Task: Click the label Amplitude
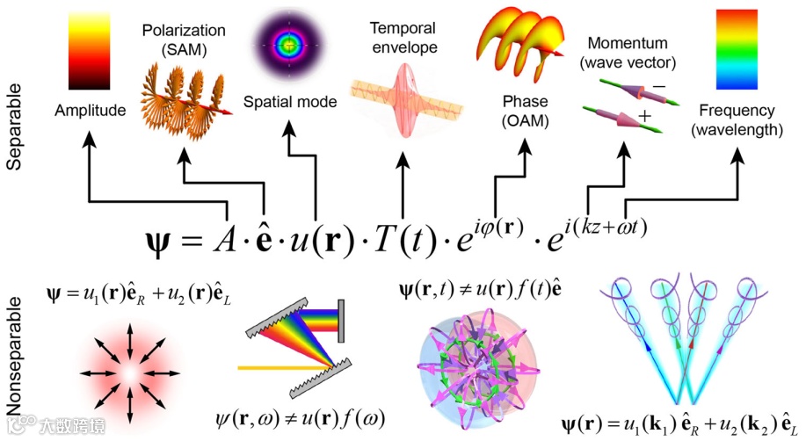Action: [x=90, y=111]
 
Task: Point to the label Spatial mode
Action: [x=290, y=102]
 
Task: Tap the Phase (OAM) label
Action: [x=526, y=112]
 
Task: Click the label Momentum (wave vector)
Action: [x=627, y=53]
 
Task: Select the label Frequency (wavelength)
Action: [x=737, y=121]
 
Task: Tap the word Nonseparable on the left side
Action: [x=16, y=355]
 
